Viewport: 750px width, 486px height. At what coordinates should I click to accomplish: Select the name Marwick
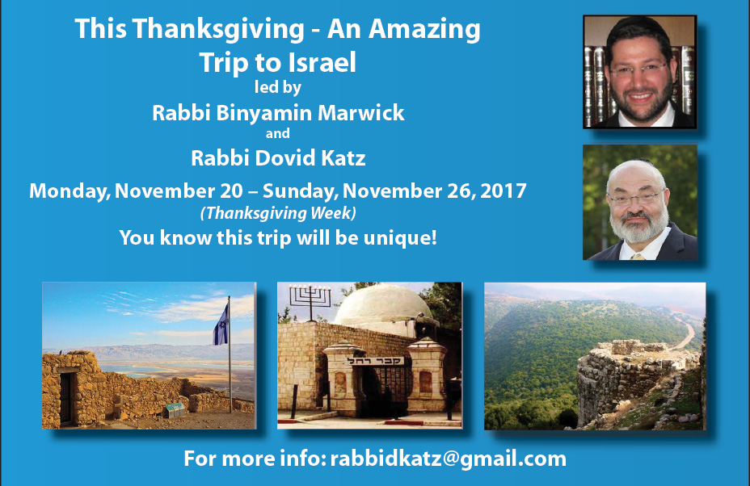pos(361,113)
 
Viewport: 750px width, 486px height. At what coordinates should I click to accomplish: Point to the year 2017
pos(504,191)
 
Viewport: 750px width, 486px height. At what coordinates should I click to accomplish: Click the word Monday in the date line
pos(69,191)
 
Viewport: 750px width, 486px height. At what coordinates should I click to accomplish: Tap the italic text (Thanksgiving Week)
pos(278,213)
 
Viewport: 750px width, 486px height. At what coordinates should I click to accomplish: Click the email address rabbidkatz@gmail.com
pos(449,459)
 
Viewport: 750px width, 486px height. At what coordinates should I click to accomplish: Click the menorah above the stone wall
pos(311,296)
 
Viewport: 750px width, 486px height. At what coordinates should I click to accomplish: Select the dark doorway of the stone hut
pos(66,399)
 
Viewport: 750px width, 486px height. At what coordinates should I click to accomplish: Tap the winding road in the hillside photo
pos(685,334)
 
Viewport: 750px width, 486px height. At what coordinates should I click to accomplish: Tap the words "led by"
pos(278,87)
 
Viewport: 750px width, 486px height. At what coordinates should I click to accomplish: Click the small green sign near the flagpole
pos(175,408)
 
